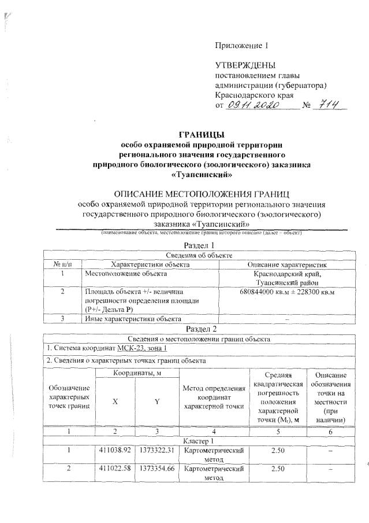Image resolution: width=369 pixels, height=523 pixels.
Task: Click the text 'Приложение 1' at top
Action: [242, 45]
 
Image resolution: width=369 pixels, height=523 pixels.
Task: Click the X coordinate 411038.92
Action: [115, 450]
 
